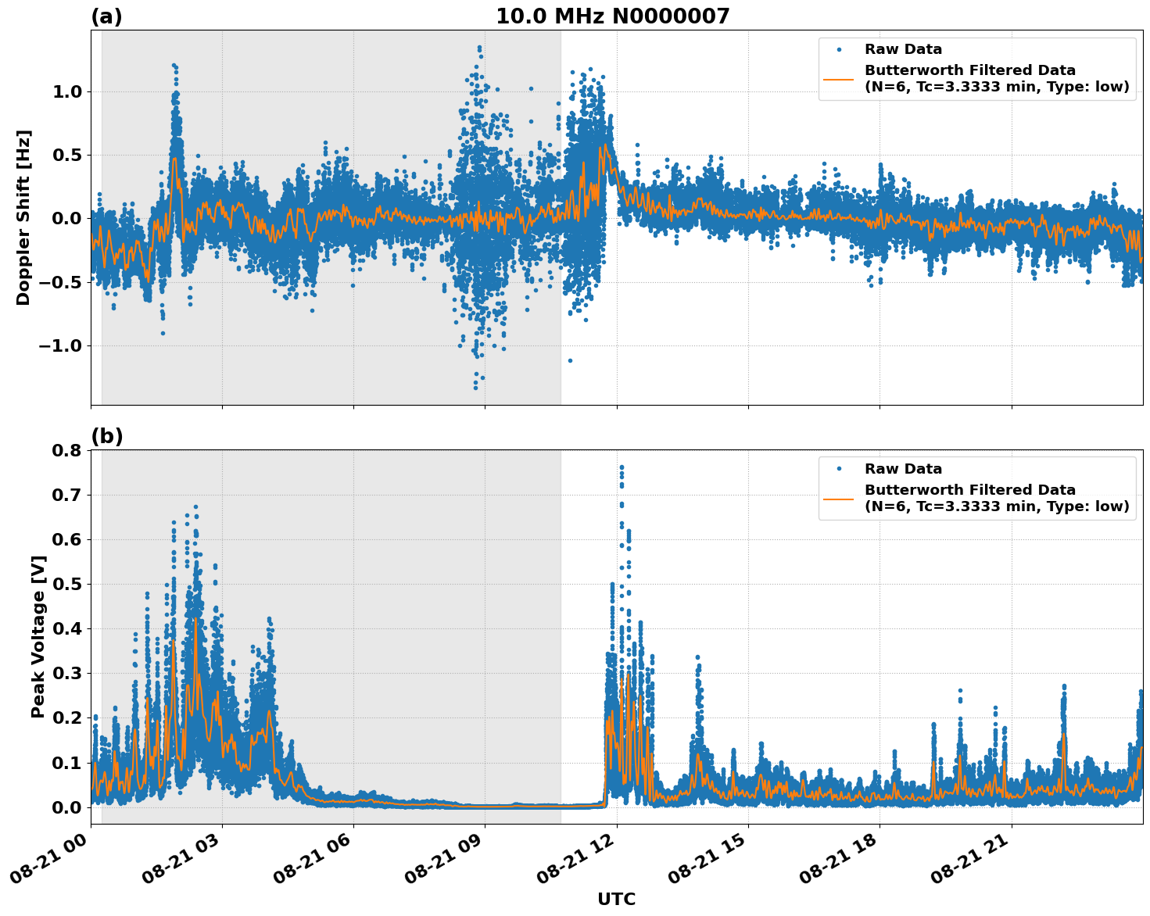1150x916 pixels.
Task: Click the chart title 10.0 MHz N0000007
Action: coord(612,16)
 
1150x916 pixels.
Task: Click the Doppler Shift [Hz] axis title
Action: coord(23,217)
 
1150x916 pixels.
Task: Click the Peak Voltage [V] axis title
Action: coord(38,636)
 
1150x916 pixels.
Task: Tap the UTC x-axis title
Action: coord(616,899)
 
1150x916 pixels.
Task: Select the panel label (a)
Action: coord(106,16)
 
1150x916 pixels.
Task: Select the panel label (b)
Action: coord(106,436)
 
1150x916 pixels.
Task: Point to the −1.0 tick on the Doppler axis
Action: coord(61,345)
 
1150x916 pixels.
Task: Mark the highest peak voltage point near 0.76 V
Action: coord(622,467)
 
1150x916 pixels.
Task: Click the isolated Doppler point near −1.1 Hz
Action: coord(570,360)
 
